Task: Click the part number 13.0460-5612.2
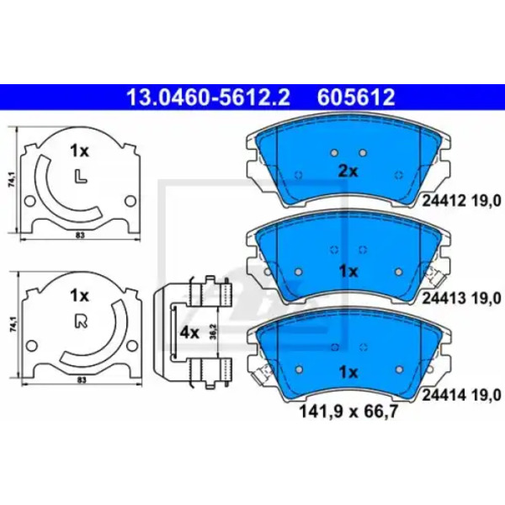click(209, 98)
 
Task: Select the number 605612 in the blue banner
click(356, 98)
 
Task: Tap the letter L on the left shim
click(81, 177)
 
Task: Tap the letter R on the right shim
click(81, 322)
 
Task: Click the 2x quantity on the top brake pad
click(348, 172)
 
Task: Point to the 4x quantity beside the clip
click(189, 333)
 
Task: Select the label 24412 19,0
click(461, 202)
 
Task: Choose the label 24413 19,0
click(461, 299)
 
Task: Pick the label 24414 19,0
click(461, 396)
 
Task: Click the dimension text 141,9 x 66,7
click(348, 412)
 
